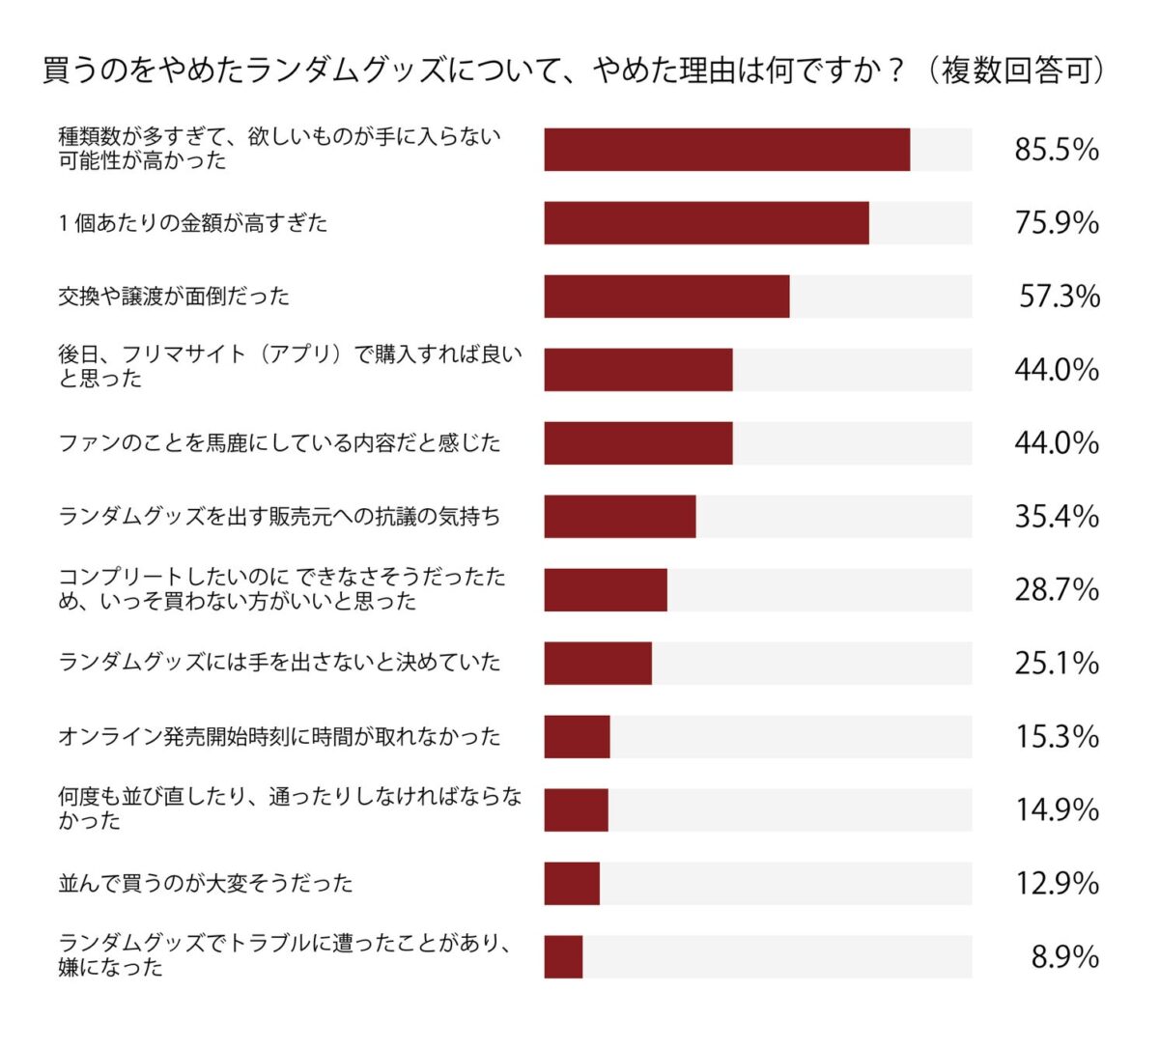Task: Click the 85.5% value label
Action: [x=1056, y=150]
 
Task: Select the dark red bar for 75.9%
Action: [x=706, y=223]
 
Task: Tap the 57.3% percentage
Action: [x=1059, y=297]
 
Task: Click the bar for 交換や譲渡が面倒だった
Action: [x=666, y=297]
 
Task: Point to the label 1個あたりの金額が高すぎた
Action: [x=193, y=223]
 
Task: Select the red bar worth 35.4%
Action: [x=619, y=517]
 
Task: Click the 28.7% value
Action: [x=1056, y=590]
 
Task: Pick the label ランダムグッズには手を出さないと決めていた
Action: [x=280, y=663]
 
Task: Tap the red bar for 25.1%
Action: [x=598, y=664]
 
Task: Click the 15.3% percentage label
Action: [x=1056, y=737]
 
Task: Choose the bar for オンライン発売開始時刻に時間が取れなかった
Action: [x=577, y=737]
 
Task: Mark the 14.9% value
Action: [x=1056, y=809]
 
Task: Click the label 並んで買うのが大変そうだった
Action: [x=206, y=883]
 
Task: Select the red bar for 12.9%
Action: [x=572, y=884]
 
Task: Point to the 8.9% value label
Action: [x=1064, y=957]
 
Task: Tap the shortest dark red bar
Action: [x=563, y=957]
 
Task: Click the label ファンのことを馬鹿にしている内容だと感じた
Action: [x=280, y=443]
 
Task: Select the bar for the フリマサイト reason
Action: [x=637, y=370]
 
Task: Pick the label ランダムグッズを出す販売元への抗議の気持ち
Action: [x=280, y=517]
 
